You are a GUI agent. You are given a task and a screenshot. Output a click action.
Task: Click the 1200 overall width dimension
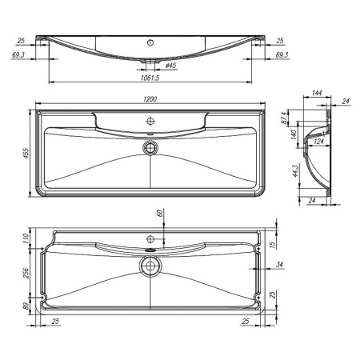pos(150,98)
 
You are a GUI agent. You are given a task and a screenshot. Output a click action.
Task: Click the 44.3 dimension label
pos(295,172)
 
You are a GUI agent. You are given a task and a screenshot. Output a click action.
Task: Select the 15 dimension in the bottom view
pos(272,245)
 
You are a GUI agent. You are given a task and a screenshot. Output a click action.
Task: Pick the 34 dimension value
pos(278,265)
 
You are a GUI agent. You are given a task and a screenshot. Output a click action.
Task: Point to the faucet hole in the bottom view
pos(150,238)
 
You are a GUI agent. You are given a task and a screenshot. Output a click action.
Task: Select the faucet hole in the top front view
pos(150,42)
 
